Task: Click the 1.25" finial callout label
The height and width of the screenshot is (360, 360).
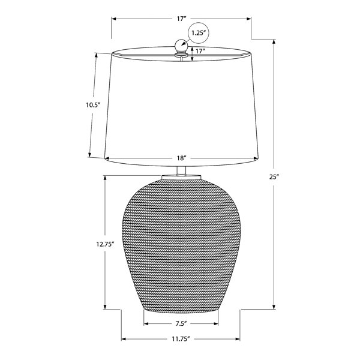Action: click(197, 33)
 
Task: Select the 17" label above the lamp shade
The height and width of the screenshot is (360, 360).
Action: click(181, 19)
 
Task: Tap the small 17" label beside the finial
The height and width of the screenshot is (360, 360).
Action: click(200, 51)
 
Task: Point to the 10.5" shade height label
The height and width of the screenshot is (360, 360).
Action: click(93, 105)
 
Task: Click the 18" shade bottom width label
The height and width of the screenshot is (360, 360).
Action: click(181, 158)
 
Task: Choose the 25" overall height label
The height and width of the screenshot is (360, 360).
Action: click(274, 177)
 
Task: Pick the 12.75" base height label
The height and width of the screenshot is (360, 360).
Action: click(105, 244)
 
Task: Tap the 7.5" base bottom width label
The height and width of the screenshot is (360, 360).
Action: click(181, 324)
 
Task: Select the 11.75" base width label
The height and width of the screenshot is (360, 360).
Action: click(181, 339)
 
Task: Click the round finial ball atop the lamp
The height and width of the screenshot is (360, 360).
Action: click(181, 45)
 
